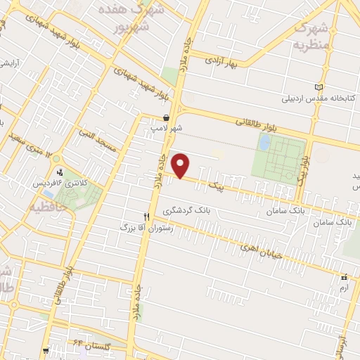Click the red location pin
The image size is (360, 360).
coord(181,166)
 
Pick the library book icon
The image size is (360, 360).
coord(320,86)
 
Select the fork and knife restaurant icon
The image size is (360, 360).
coord(147,217)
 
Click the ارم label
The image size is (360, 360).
coord(343,288)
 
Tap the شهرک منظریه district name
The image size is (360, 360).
coord(309,35)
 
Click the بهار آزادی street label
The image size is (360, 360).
coord(224,63)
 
